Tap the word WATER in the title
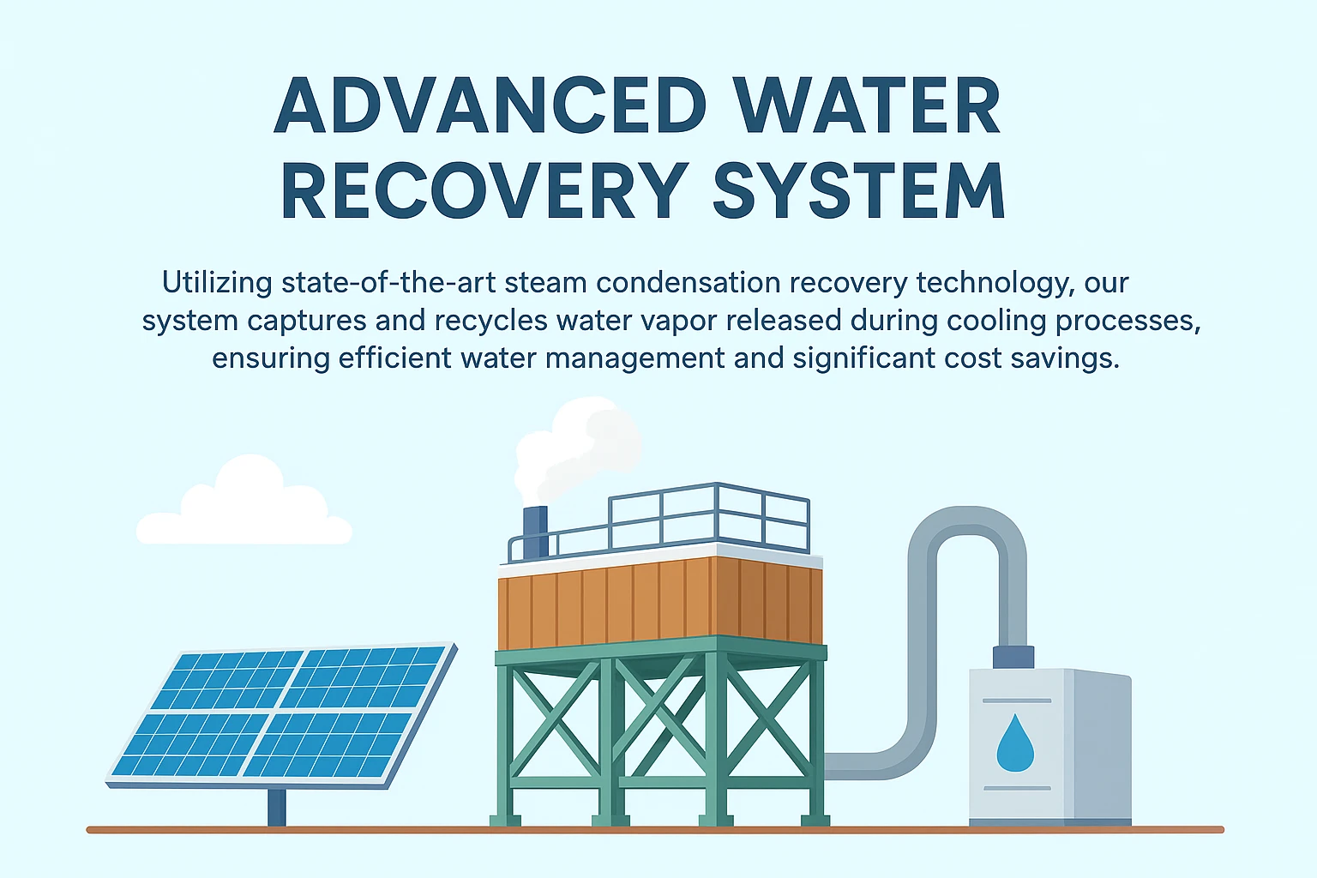click(867, 106)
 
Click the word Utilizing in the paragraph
click(217, 282)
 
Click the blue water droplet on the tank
click(1014, 743)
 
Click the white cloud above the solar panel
click(244, 509)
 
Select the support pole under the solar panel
click(276, 807)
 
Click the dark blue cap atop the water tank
click(1013, 657)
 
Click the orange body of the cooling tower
click(660, 600)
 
